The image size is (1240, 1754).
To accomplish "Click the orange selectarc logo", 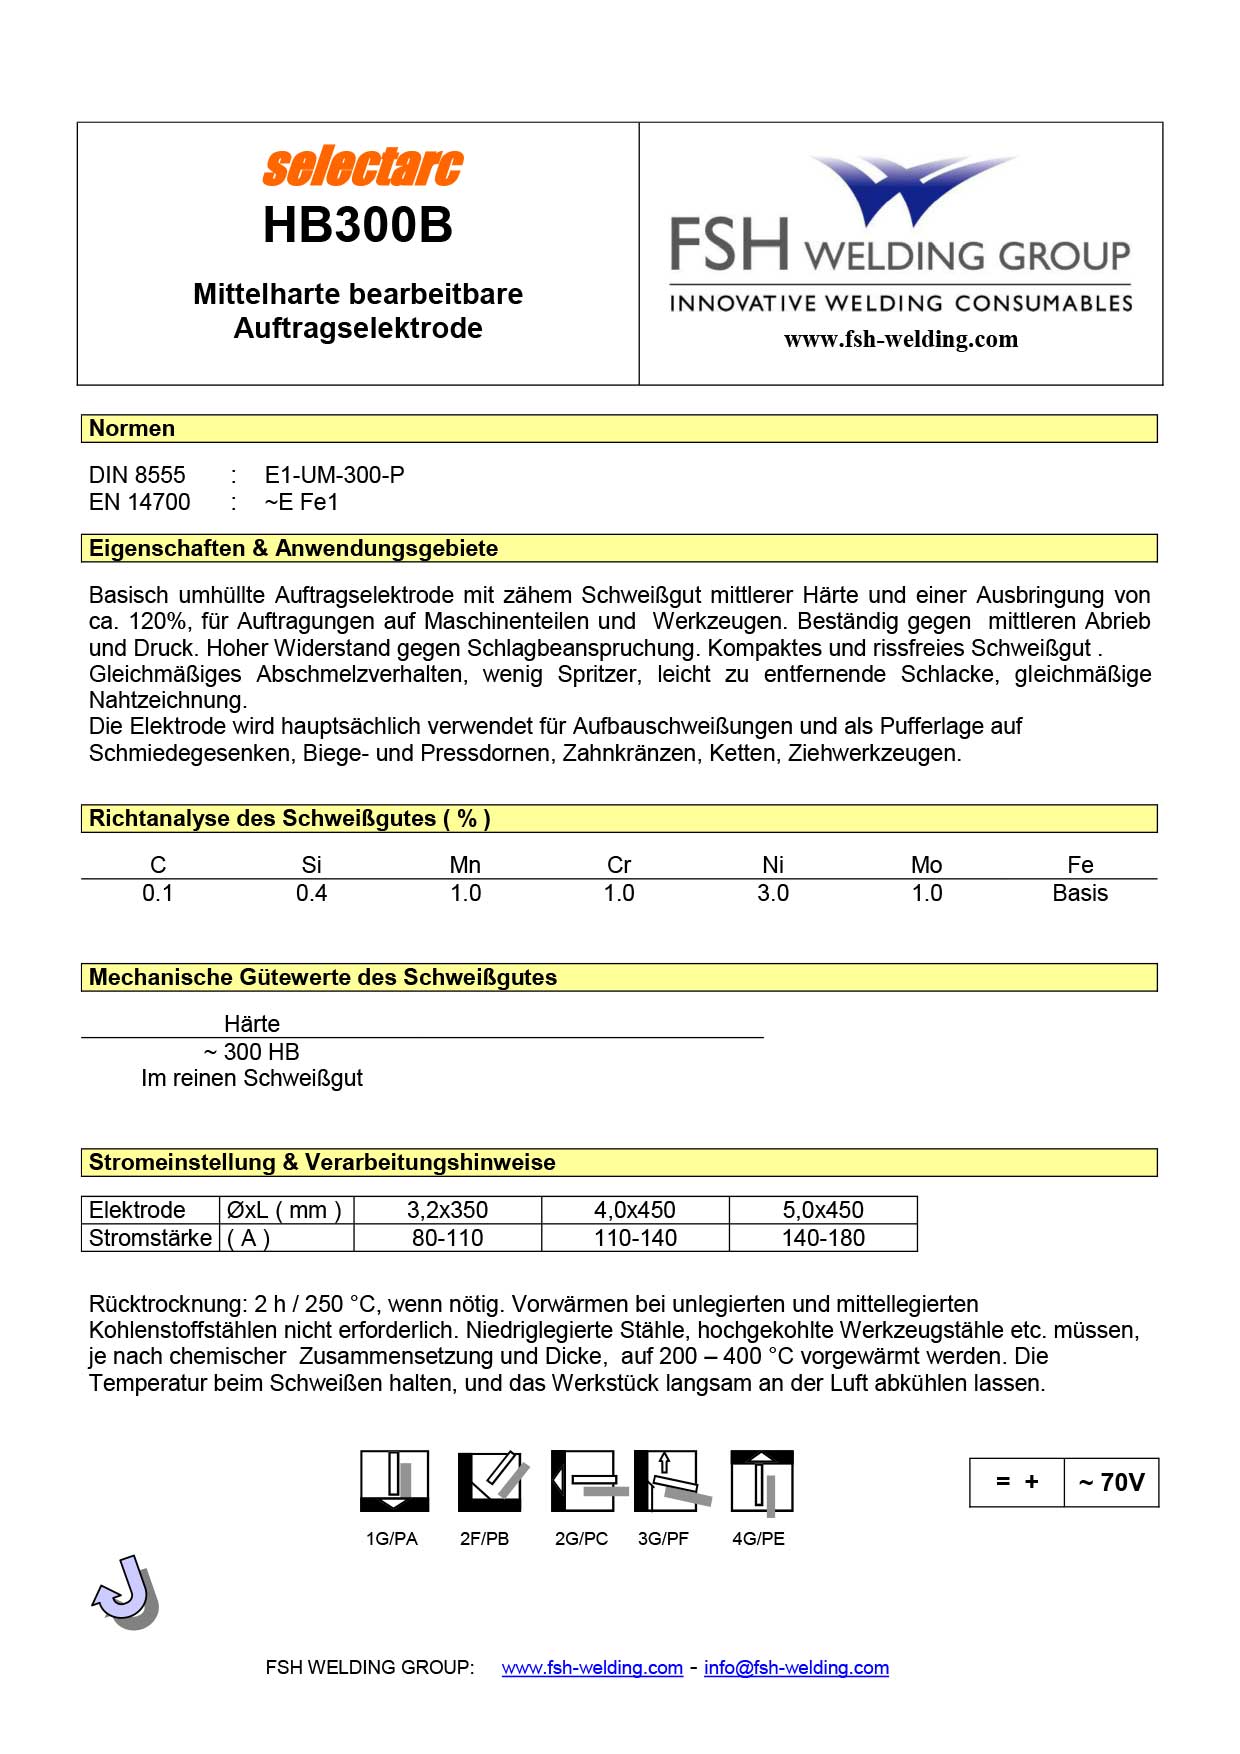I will point(362,167).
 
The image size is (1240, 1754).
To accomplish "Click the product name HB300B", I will point(357,225).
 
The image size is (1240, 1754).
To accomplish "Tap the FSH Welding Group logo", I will point(900,235).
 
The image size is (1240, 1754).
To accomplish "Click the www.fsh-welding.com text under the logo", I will point(900,339).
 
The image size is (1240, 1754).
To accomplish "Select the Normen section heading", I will point(132,428).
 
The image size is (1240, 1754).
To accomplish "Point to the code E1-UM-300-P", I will point(334,475).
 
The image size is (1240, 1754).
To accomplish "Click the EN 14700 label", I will point(139,502).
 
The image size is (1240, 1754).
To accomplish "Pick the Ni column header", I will point(772,865).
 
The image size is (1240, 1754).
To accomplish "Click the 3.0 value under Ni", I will point(772,893).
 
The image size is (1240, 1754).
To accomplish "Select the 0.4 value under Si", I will point(311,893).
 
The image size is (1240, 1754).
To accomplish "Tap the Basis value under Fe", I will point(1080,893).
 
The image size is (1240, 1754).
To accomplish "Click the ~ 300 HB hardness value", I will point(251,1052).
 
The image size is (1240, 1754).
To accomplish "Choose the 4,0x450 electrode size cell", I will point(635,1210).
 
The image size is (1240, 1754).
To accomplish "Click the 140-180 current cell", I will point(823,1238).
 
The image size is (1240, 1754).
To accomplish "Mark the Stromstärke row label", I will point(150,1238).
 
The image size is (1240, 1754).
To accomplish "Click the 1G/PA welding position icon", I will point(394,1481).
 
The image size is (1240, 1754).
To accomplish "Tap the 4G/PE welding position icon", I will point(761,1481).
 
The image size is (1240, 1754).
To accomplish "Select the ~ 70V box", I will point(1111,1482).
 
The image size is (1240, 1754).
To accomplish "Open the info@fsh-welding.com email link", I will point(796,1668).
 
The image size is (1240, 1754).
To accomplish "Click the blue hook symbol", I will point(126,1591).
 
